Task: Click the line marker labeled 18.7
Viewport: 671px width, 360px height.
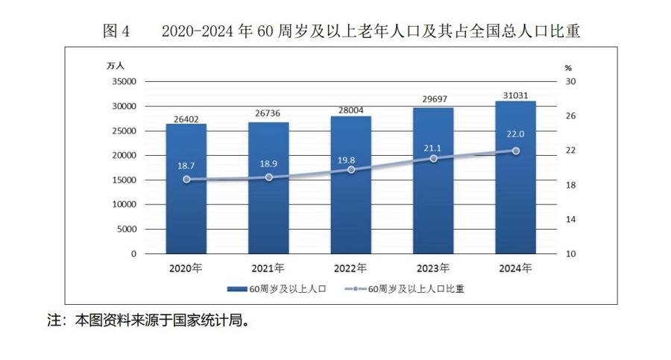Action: click(186, 180)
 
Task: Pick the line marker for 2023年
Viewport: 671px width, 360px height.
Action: click(433, 159)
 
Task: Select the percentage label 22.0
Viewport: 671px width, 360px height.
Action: click(516, 133)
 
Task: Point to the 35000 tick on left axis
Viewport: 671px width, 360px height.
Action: click(125, 82)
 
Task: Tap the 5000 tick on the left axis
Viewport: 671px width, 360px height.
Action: click(127, 230)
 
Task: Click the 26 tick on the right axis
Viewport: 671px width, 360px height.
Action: click(570, 116)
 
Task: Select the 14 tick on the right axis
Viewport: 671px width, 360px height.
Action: click(570, 220)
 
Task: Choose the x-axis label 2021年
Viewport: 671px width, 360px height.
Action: click(268, 268)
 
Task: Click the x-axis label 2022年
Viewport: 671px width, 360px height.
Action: click(351, 268)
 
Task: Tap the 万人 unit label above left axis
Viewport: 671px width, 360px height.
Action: click(116, 66)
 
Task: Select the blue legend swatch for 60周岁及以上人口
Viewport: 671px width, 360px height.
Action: click(236, 289)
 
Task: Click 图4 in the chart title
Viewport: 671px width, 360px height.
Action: click(116, 31)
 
